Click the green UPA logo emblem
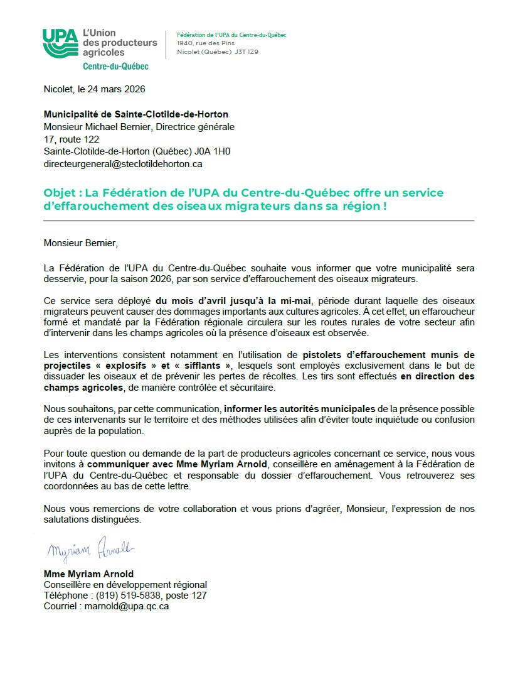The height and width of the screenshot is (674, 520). click(x=60, y=43)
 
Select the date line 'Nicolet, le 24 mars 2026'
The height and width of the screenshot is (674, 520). click(x=94, y=89)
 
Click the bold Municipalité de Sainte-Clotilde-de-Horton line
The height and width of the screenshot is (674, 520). click(x=135, y=114)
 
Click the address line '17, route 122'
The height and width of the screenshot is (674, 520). click(x=71, y=139)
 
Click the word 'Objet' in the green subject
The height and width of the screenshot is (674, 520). click(x=57, y=192)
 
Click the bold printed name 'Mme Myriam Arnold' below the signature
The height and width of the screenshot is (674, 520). click(x=88, y=574)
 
